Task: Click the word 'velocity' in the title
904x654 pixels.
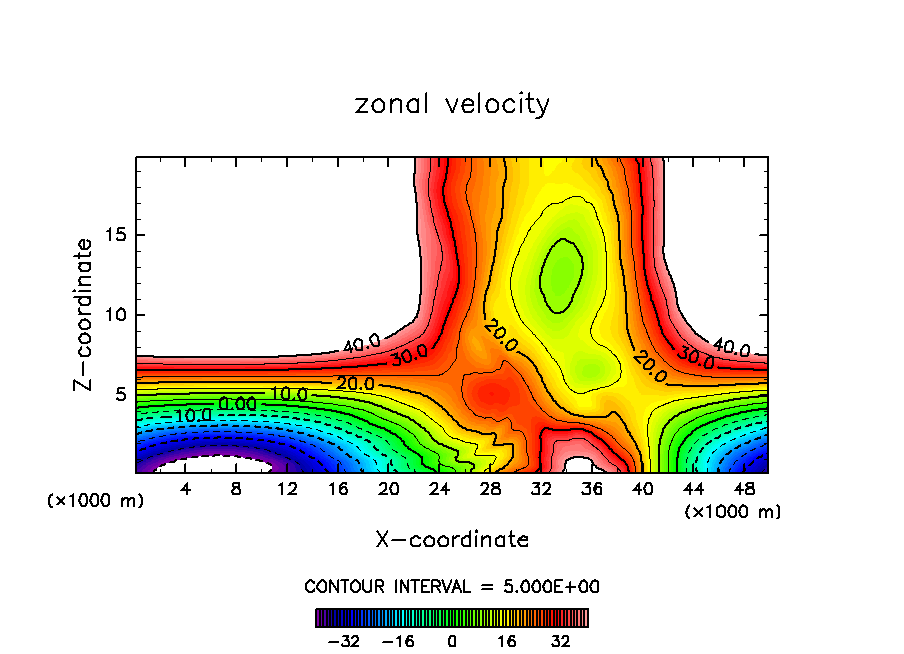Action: pyautogui.click(x=497, y=104)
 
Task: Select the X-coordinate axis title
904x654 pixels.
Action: pyautogui.click(x=452, y=539)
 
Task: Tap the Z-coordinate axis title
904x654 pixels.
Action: pyautogui.click(x=85, y=314)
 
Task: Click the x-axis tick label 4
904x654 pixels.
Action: pyautogui.click(x=185, y=489)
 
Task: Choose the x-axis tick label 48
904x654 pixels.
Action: pyautogui.click(x=744, y=489)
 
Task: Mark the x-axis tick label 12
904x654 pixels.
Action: pyautogui.click(x=287, y=489)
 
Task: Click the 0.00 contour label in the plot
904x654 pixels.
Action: pyautogui.click(x=238, y=403)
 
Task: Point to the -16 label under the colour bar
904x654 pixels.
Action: pyautogui.click(x=398, y=640)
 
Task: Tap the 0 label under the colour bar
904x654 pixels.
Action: pyautogui.click(x=452, y=640)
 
